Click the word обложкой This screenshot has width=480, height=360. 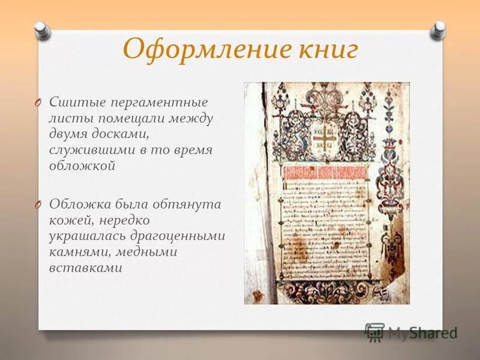tap(82, 166)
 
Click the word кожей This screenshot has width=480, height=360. tap(70, 220)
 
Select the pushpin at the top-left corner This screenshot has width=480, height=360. tap(41, 28)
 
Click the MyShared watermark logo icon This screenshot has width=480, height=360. tap(374, 331)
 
